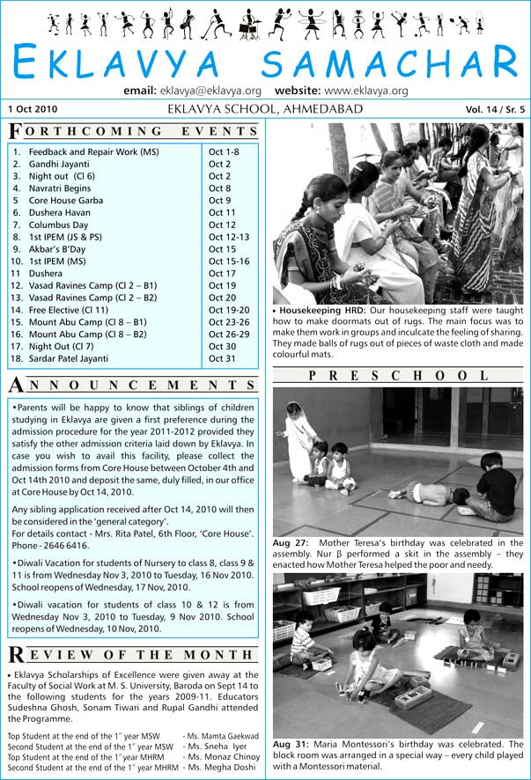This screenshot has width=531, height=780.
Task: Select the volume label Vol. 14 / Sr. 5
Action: (x=495, y=110)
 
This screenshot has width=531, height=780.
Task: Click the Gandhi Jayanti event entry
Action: (x=55, y=164)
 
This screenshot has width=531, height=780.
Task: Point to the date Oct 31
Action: (x=222, y=358)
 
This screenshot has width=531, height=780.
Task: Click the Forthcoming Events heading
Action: (x=133, y=131)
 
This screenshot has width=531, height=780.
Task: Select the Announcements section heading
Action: (x=133, y=385)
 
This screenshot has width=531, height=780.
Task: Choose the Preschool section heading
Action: (x=397, y=376)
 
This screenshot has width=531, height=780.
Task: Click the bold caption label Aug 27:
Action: (x=291, y=542)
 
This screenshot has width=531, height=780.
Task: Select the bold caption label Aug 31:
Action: (x=291, y=743)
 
